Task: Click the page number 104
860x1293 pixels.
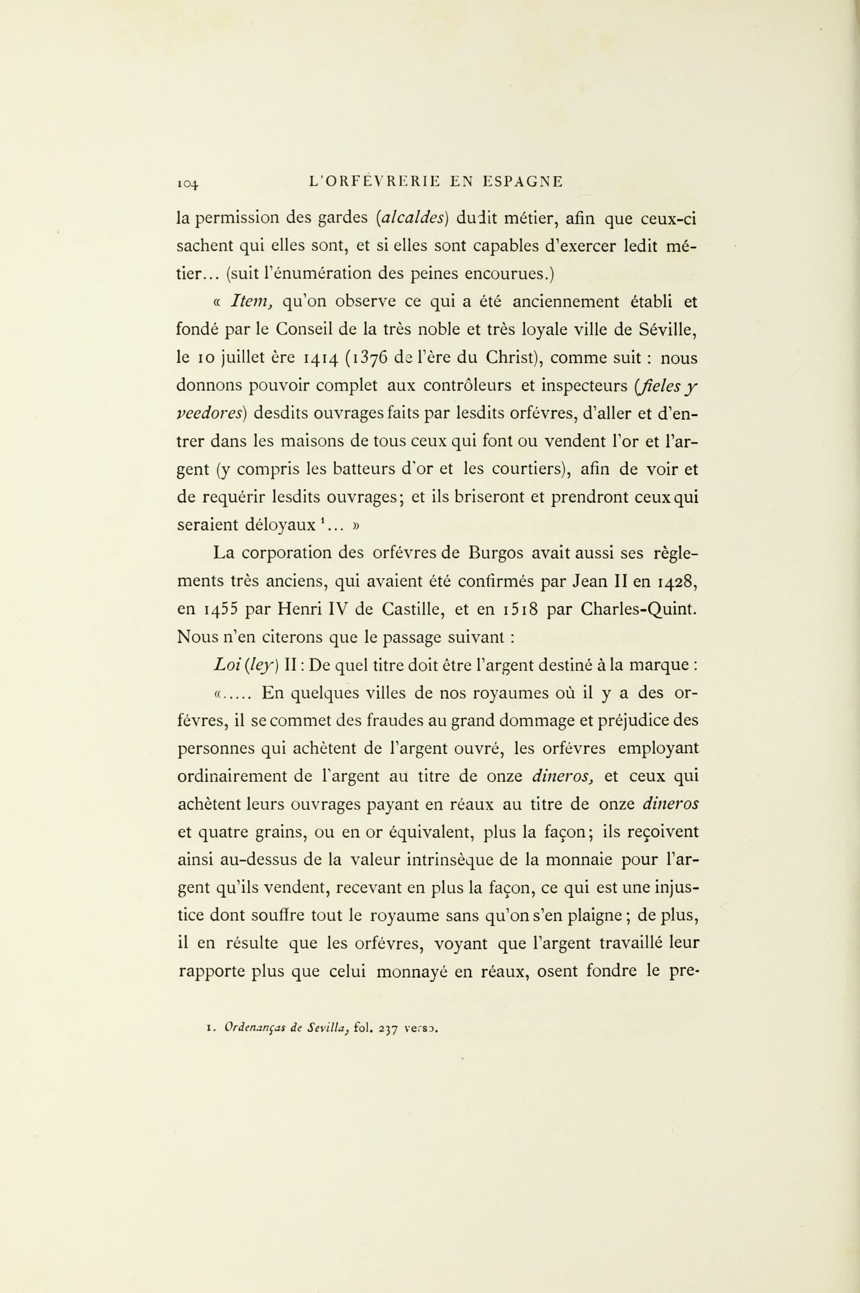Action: coord(187,183)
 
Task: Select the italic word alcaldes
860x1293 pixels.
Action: coord(412,218)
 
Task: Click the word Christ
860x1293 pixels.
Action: coord(508,358)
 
